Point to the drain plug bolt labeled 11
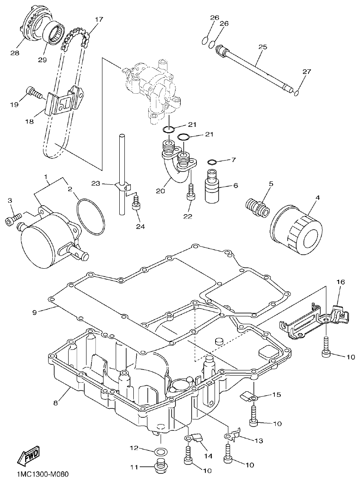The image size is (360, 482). (160, 466)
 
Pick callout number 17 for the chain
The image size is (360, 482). (99, 20)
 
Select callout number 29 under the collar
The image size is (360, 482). (42, 60)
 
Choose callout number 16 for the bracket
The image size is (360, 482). (341, 282)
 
